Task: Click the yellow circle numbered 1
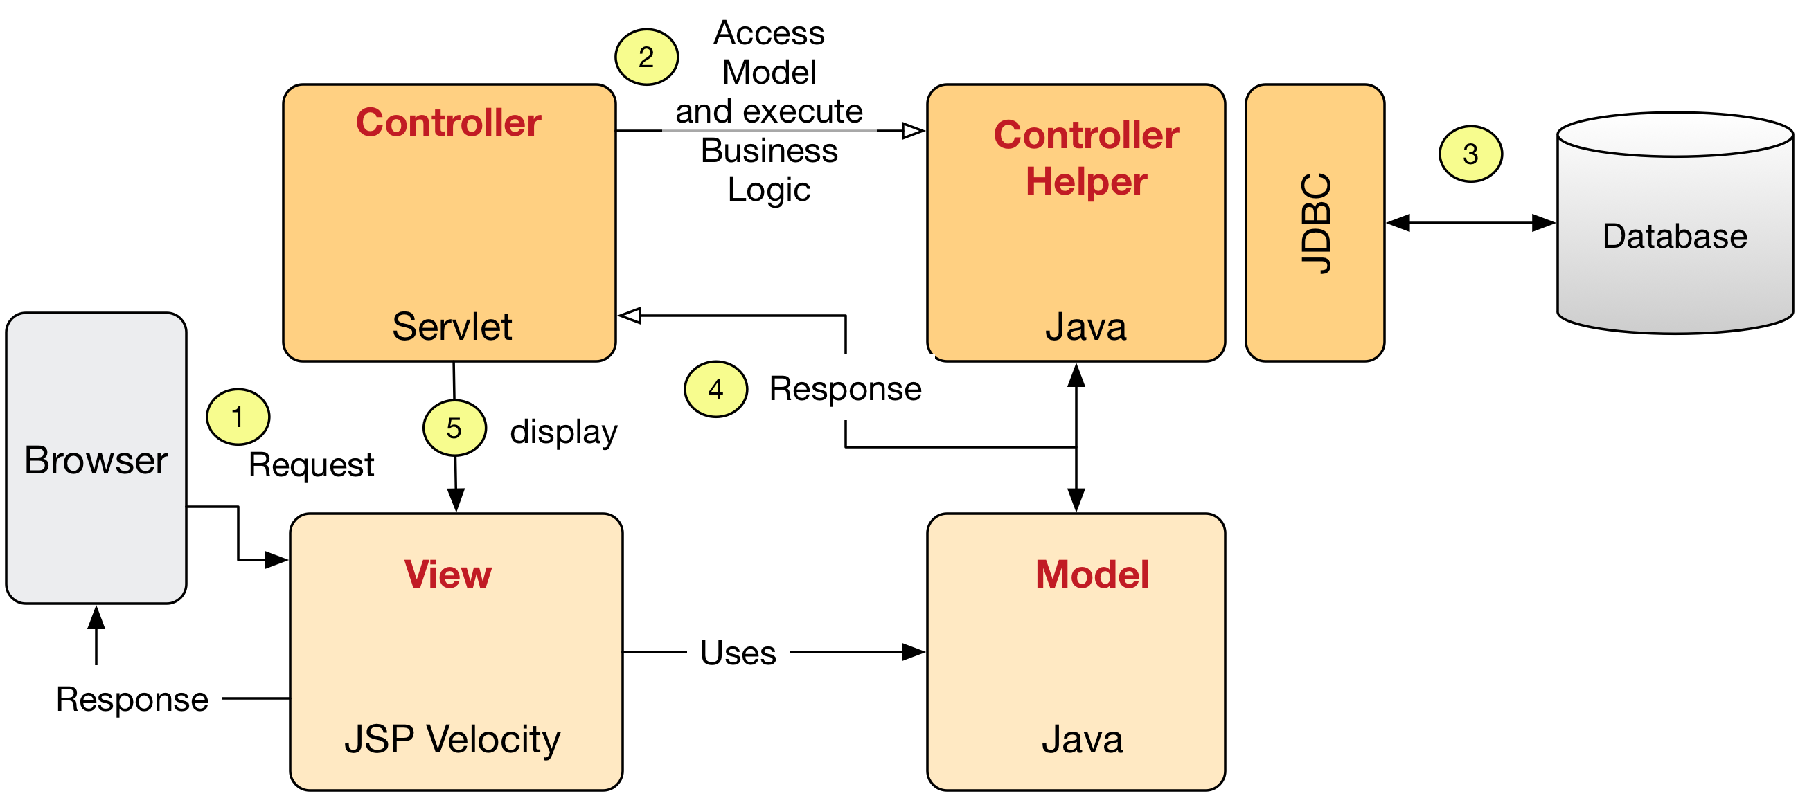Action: pos(238,417)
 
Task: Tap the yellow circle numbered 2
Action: pos(646,57)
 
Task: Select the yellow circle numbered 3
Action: pos(1470,154)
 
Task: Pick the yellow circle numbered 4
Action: pos(715,389)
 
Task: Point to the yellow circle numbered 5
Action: pos(454,428)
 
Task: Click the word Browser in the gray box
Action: pos(96,460)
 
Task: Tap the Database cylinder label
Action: pos(1675,237)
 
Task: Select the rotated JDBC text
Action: pos(1317,224)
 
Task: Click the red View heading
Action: pos(448,574)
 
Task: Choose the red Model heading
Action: pos(1092,574)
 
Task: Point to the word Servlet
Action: pos(452,327)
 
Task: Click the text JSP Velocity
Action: pos(452,740)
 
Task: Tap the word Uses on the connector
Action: pos(738,653)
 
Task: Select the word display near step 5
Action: pos(564,432)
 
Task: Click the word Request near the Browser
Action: pos(311,465)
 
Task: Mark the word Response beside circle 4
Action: pos(845,388)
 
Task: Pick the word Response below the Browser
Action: pos(132,700)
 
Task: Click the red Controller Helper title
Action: pos(1086,159)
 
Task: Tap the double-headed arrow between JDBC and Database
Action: pos(1471,224)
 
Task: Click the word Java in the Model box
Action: pos(1083,739)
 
